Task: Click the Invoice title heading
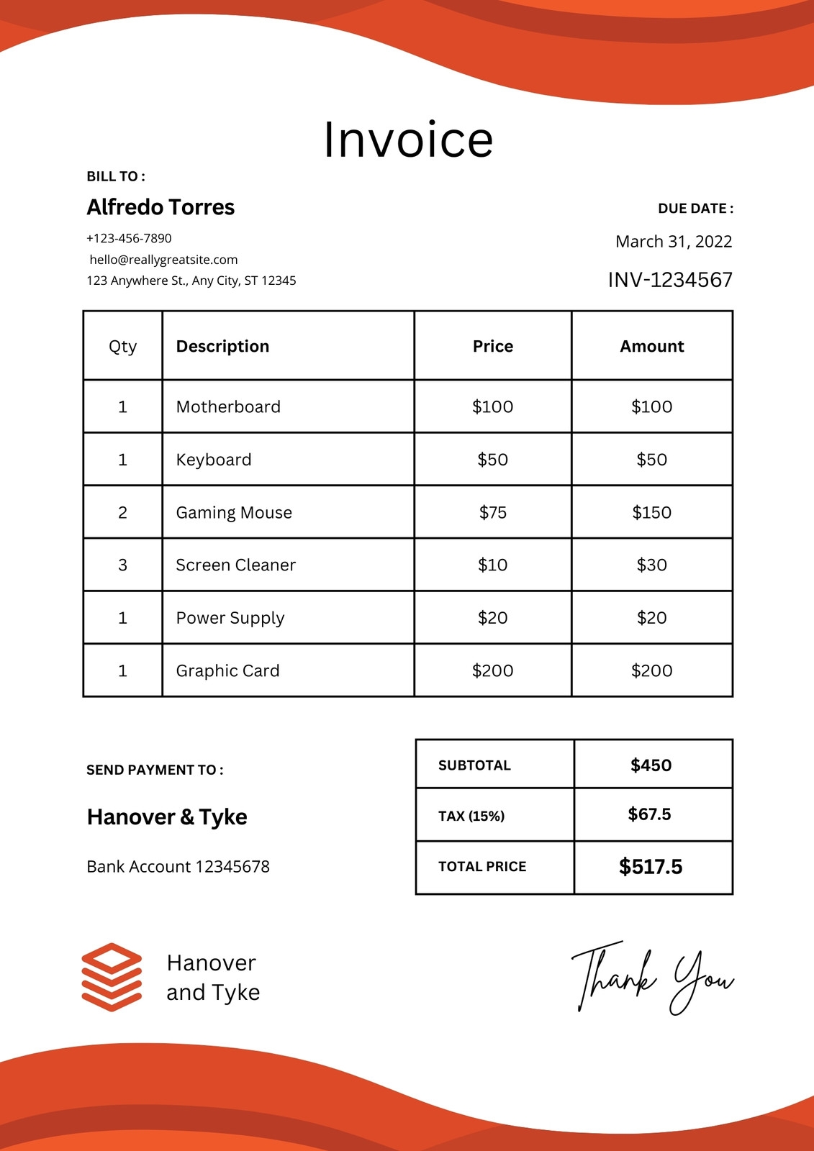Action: click(407, 140)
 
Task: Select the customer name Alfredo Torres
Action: click(160, 207)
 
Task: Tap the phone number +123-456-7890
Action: click(129, 238)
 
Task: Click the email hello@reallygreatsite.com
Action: click(163, 260)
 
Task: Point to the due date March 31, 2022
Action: click(673, 242)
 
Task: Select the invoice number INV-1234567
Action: click(669, 280)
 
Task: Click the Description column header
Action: click(222, 347)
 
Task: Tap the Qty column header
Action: click(122, 347)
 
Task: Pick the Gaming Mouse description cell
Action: click(234, 513)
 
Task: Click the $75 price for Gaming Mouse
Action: click(493, 513)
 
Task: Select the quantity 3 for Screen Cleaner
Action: click(122, 565)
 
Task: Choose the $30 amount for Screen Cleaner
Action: click(651, 565)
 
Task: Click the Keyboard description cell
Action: click(214, 460)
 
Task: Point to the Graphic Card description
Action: click(227, 671)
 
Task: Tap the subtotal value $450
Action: click(651, 765)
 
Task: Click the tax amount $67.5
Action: click(649, 814)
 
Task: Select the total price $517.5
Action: click(650, 867)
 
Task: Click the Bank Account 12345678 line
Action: click(178, 867)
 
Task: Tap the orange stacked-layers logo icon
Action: click(112, 977)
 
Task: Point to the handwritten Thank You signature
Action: click(652, 978)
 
